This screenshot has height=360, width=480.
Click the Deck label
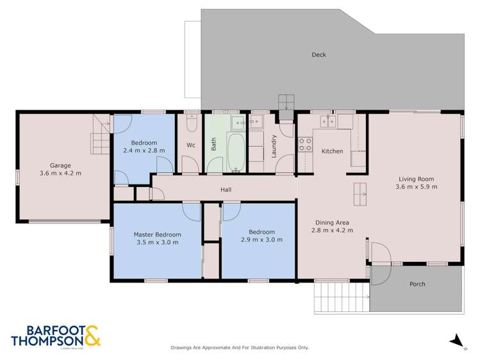click(x=319, y=55)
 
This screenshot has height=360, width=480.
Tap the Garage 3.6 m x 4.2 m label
click(x=60, y=169)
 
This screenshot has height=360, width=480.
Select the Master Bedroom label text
click(x=157, y=234)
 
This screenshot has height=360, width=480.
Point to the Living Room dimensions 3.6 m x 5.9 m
click(x=417, y=187)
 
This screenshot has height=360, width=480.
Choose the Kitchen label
click(x=332, y=151)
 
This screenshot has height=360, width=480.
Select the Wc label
click(x=190, y=145)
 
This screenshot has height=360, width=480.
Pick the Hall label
click(x=226, y=190)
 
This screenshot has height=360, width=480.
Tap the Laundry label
click(x=274, y=145)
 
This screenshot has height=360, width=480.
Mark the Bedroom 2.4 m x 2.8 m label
click(x=144, y=147)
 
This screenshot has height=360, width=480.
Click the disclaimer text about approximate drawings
click(x=240, y=347)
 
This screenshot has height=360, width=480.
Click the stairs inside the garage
click(x=99, y=136)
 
